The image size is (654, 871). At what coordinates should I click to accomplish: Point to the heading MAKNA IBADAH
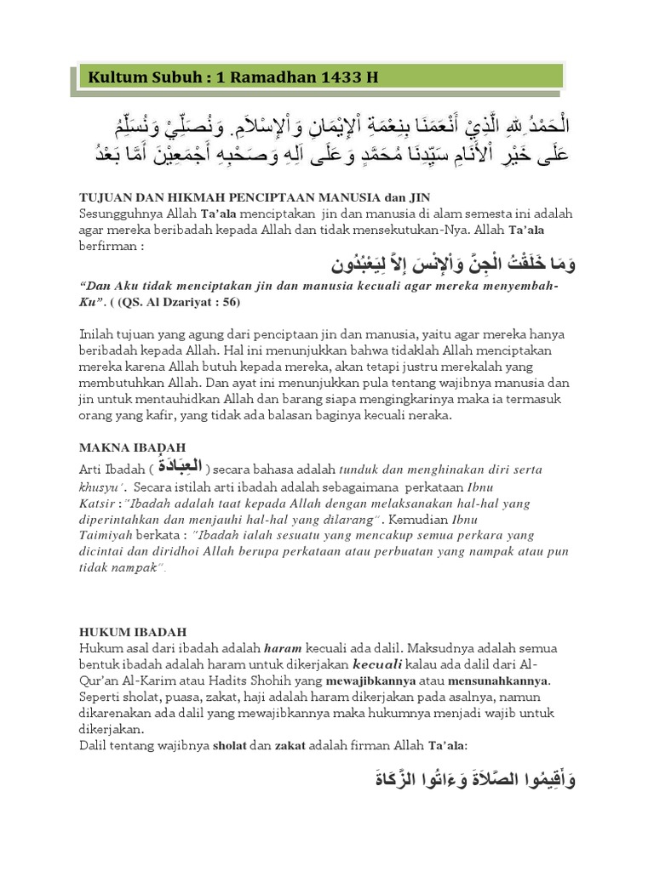(132, 447)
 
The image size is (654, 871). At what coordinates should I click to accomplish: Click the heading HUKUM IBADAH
(133, 632)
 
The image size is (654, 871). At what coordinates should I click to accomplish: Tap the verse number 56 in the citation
(230, 302)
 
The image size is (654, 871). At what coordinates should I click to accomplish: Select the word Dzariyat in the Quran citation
(187, 302)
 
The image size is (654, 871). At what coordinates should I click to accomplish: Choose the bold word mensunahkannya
(502, 680)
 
